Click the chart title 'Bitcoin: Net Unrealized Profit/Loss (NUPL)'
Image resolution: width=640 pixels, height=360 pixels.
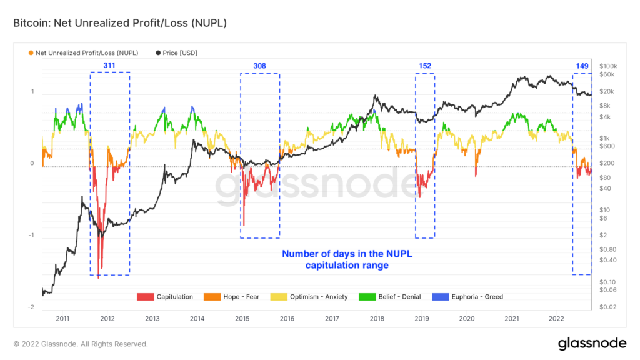pos(119,23)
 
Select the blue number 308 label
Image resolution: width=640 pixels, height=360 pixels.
pos(259,66)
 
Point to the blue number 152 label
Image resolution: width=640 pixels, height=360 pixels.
pos(425,66)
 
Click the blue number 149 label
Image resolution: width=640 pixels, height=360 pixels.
pos(582,66)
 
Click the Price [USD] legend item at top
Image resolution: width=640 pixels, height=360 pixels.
pos(177,53)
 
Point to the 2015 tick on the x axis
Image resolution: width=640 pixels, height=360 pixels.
pos(242,319)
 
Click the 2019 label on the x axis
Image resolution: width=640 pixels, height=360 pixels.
pos(422,319)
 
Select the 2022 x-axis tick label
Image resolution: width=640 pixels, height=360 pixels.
pos(557,319)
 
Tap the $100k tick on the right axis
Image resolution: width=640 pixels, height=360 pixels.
pos(608,66)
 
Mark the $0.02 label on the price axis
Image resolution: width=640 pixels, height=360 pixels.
pos(608,307)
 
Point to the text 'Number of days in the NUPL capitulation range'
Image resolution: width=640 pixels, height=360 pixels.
pos(347,259)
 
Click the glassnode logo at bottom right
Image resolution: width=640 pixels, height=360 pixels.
pos(592,343)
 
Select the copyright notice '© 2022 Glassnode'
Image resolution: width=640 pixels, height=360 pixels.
pos(81,344)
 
